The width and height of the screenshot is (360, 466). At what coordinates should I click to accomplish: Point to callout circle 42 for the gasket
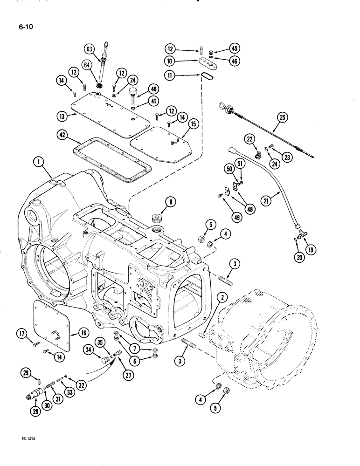(x=61, y=136)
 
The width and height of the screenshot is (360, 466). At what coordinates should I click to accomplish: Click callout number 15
(x=193, y=123)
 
